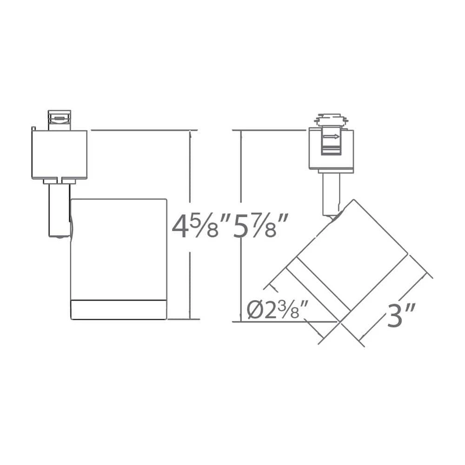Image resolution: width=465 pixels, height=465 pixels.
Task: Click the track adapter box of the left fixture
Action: (59, 154)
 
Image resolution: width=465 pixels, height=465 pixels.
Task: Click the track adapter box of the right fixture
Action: (331, 149)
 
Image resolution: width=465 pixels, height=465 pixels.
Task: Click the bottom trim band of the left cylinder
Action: (119, 310)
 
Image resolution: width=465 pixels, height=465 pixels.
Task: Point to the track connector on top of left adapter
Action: (60, 120)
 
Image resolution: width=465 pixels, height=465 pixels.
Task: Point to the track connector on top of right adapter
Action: (331, 120)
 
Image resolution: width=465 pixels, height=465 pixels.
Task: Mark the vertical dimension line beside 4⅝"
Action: (190, 186)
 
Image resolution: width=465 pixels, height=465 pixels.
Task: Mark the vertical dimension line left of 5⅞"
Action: (240, 186)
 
